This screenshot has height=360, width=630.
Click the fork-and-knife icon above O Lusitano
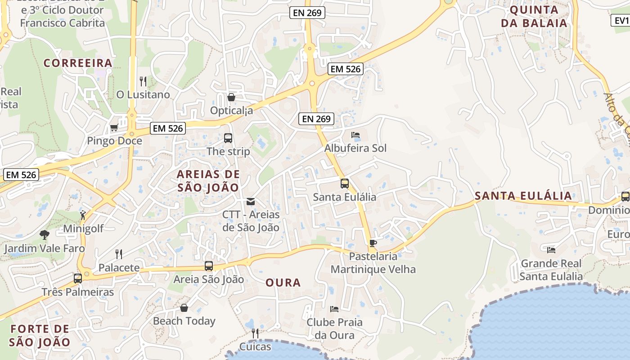pos(143,81)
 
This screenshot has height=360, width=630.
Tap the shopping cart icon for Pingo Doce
pos(114,128)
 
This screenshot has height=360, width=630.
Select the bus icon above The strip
pos(228,138)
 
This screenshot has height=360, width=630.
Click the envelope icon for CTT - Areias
pos(251,202)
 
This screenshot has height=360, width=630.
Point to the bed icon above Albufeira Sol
pos(355,135)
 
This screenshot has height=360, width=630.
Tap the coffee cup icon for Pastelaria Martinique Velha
pos(373,243)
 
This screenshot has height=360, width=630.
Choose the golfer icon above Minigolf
pos(82,215)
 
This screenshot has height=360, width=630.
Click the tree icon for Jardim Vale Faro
pos(44,234)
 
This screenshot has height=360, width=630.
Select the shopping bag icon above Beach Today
pos(184,308)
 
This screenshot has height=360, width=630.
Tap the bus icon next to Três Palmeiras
pos(78,278)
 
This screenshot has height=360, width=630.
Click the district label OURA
pos(283,283)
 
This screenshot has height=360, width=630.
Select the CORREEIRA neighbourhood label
pos(78,63)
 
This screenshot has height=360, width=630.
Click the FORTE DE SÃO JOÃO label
pos(40,335)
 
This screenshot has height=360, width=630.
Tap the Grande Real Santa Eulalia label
pos(551,270)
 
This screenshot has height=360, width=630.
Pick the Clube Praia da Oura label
pos(334,328)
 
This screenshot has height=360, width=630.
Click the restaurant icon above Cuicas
pos(255,333)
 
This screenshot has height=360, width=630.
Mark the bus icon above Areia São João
pos(208,266)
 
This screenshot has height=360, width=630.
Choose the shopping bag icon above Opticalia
pos(231,97)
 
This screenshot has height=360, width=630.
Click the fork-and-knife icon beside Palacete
pos(119,254)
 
